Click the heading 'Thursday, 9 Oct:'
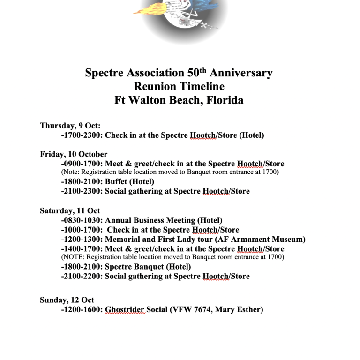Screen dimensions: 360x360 70,126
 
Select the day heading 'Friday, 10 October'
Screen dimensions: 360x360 74,154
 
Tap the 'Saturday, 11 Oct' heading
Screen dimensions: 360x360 70,211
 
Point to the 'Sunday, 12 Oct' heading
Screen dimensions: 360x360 67,300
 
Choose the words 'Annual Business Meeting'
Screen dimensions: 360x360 150,220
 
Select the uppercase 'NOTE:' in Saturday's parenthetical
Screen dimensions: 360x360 74,257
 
